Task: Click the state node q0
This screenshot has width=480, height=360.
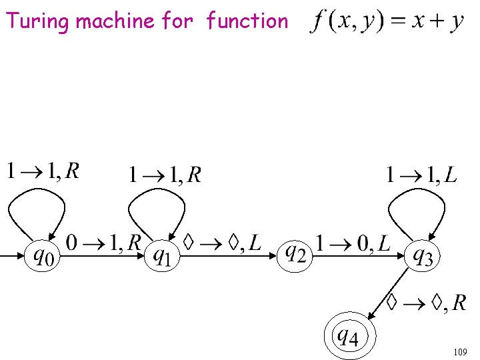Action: (x=41, y=254)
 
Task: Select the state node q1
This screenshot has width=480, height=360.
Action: (x=161, y=254)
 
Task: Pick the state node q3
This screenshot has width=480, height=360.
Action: (x=423, y=254)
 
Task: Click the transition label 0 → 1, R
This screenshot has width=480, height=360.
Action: (x=104, y=241)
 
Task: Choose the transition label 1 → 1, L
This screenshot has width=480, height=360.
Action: (x=421, y=175)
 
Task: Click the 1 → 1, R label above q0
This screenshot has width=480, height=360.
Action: (x=43, y=172)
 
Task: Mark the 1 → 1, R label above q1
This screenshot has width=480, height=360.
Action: (x=165, y=175)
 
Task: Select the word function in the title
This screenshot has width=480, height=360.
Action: (x=247, y=21)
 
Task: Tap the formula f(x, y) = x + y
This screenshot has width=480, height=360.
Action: (x=387, y=21)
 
